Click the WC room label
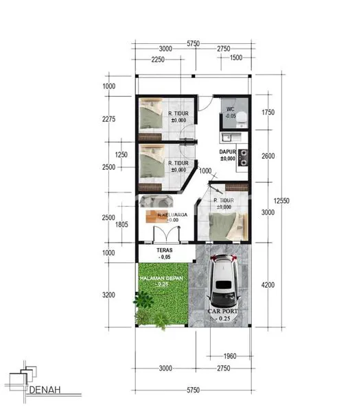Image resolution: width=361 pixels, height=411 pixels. (231, 108)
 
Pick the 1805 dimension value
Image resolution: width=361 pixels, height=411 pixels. (122, 224)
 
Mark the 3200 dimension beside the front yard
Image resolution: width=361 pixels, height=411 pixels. (109, 295)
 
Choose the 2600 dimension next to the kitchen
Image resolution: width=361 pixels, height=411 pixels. (268, 156)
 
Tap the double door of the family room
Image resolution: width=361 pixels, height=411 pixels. (172, 232)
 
